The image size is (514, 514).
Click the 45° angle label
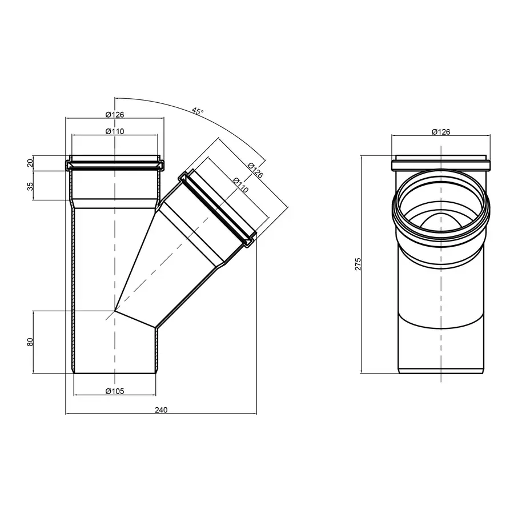pyautogui.click(x=197, y=112)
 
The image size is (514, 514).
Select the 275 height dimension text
pyautogui.click(x=358, y=264)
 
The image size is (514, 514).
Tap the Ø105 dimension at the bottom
pyautogui.click(x=115, y=391)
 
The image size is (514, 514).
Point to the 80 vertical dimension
pyautogui.click(x=30, y=342)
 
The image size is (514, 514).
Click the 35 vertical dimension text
pyautogui.click(x=30, y=186)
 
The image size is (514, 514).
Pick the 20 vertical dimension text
pyautogui.click(x=30, y=163)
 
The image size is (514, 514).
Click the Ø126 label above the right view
pyautogui.click(x=440, y=131)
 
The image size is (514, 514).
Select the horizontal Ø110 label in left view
pyautogui.click(x=115, y=131)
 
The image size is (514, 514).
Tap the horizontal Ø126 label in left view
pyautogui.click(x=115, y=114)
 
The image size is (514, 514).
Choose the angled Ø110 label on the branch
pyautogui.click(x=240, y=186)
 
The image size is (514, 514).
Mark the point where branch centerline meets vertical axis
pyautogui.click(x=115, y=311)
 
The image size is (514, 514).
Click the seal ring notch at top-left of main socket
pyautogui.click(x=70, y=166)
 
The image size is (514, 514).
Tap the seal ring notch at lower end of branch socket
pyautogui.click(x=249, y=242)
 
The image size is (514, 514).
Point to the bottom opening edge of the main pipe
pyautogui.click(x=115, y=374)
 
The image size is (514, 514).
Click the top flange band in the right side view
pyautogui.click(x=440, y=166)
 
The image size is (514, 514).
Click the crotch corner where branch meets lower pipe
pyautogui.click(x=156, y=328)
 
